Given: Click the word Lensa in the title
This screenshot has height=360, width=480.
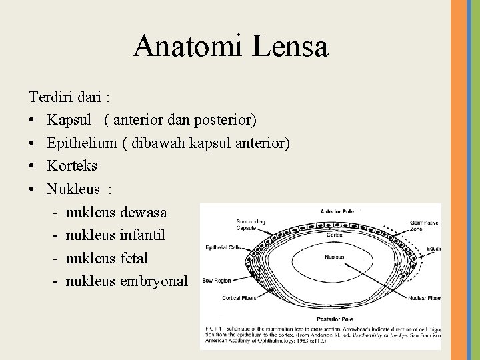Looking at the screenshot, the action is point(289,46).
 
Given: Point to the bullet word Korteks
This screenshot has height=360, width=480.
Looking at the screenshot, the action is point(72,165).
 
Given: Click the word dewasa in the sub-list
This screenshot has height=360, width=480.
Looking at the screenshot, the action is point(144,212).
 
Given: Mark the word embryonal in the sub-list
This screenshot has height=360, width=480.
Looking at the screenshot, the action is point(155,280).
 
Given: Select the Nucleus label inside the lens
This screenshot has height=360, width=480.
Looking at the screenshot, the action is point(335,256).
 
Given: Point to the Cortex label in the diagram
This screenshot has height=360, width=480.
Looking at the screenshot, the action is point(335,235).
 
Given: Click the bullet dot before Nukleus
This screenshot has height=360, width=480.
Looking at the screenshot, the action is point(33,189).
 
